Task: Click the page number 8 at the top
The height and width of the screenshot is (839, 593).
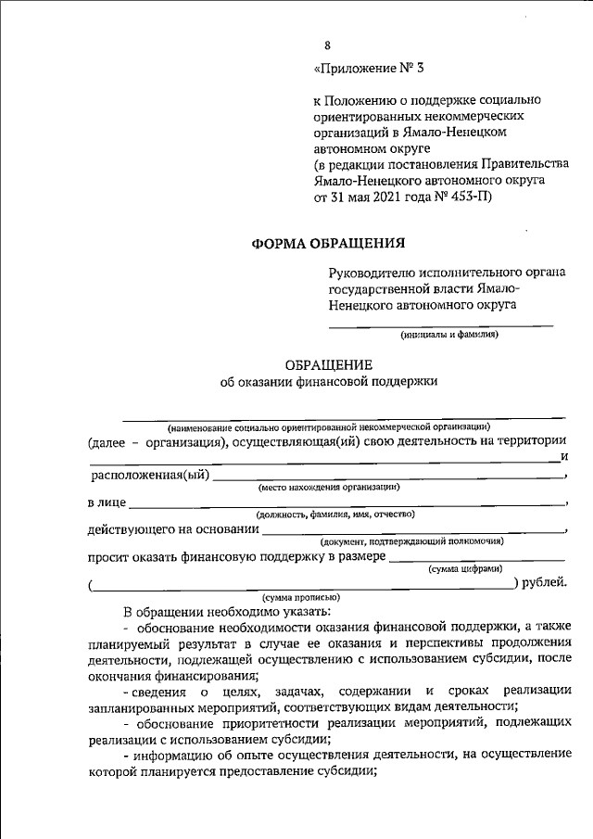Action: point(326,45)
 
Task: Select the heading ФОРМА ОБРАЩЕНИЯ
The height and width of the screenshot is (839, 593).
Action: point(329,245)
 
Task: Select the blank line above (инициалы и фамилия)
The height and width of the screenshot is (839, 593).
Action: point(442,325)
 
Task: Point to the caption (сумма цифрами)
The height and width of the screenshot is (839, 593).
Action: point(465,568)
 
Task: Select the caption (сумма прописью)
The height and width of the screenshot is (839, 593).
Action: point(301,598)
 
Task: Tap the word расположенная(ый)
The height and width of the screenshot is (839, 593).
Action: point(148,477)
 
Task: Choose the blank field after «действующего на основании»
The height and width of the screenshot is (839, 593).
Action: point(412,530)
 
